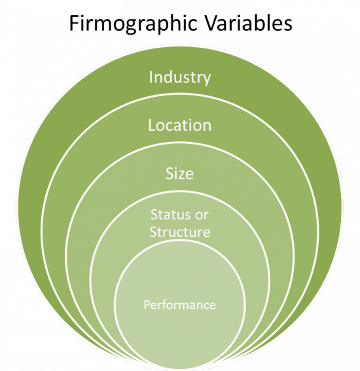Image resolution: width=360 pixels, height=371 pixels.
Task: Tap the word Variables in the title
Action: coord(248,23)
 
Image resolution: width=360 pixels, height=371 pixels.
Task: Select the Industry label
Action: coord(180,78)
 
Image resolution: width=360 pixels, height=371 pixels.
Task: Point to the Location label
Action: coord(179,125)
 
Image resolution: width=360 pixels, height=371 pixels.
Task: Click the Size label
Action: coord(179,173)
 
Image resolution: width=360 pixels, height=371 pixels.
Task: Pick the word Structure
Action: coord(180,232)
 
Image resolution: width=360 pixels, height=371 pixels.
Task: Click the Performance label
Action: coord(179,305)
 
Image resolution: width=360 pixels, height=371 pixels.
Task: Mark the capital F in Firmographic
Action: coord(74,24)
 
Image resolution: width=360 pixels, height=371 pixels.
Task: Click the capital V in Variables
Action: coord(210,24)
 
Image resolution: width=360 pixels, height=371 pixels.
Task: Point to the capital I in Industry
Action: coord(151,77)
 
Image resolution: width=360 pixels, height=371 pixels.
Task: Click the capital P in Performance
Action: coord(147,305)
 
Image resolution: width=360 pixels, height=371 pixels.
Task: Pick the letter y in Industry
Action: coord(207,80)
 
